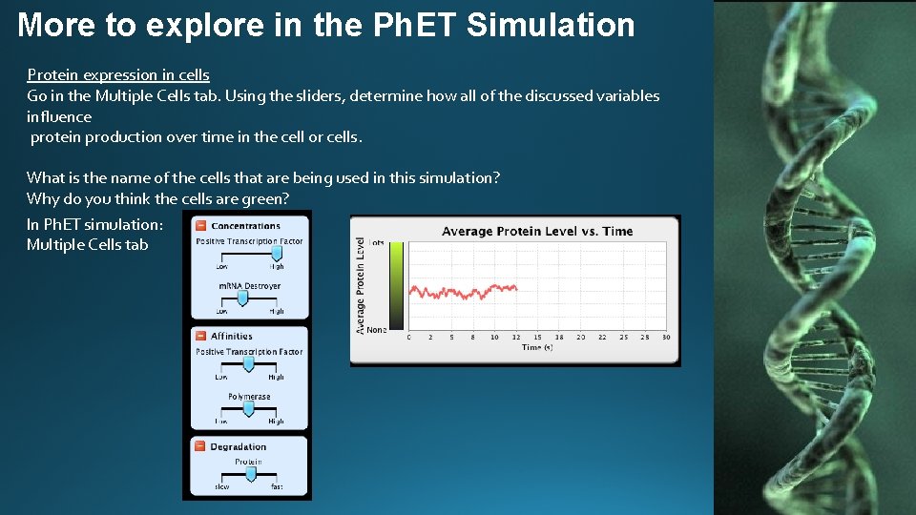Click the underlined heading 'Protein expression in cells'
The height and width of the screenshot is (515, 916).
point(118,74)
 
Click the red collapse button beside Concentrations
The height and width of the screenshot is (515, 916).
point(200,226)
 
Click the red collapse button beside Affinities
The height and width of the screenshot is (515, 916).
point(200,336)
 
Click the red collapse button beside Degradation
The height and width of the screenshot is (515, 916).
point(200,446)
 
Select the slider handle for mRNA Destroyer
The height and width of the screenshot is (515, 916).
point(242,298)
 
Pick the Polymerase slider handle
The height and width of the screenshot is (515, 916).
point(248,408)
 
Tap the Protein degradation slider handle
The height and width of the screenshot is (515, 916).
point(251,473)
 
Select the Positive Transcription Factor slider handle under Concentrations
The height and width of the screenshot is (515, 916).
point(277,254)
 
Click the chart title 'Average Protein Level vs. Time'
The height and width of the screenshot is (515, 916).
point(536,232)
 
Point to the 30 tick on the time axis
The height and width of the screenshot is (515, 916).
point(665,337)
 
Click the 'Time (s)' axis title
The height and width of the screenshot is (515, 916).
point(537,348)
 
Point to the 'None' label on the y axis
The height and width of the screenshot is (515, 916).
point(376,330)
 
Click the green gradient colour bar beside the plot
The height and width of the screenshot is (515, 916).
point(398,285)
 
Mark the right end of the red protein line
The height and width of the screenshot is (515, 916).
point(516,287)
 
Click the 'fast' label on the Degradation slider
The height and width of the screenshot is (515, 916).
point(276,487)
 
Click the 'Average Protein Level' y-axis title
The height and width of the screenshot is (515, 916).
point(361,286)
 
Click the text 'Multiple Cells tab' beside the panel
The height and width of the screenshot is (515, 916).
point(88,244)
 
